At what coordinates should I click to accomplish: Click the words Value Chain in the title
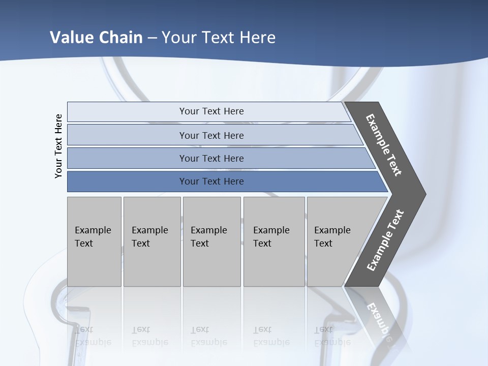[96, 38]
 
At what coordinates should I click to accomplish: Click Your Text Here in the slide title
[219, 38]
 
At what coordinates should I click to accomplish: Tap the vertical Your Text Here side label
[58, 146]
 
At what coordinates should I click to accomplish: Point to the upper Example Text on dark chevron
[384, 145]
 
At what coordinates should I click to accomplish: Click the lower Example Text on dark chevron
[385, 240]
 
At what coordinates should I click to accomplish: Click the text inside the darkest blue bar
[211, 181]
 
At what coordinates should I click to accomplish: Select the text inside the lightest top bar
[211, 111]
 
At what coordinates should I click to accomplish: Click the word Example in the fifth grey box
[332, 230]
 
